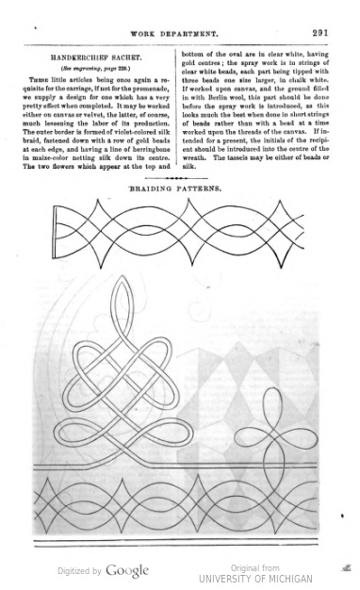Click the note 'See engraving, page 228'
point(94,70)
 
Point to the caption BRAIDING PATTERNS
point(175,188)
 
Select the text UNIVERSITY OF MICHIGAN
point(256,578)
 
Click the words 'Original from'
point(256,567)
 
